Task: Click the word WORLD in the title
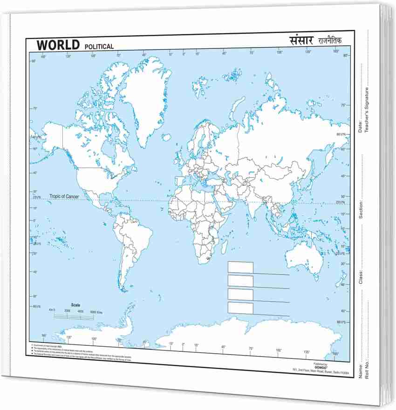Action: tap(58, 45)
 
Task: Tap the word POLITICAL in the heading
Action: tap(99, 47)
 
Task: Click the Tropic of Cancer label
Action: tap(64, 196)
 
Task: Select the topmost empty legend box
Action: tap(240, 267)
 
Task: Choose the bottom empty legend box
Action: tap(240, 308)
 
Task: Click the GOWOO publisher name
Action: tap(321, 367)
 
